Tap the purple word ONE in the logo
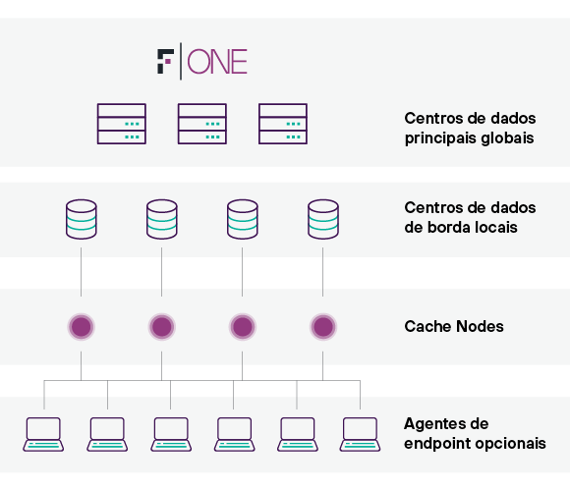pyautogui.click(x=217, y=62)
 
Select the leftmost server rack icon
pyautogui.click(x=122, y=124)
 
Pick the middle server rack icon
pyautogui.click(x=202, y=124)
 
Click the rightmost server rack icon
pyautogui.click(x=283, y=124)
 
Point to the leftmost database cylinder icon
pyautogui.click(x=82, y=219)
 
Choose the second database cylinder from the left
pyautogui.click(x=162, y=219)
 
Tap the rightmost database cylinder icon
pyautogui.click(x=323, y=219)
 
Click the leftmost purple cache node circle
pyautogui.click(x=82, y=326)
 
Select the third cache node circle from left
pyautogui.click(x=243, y=326)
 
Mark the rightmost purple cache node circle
pyautogui.click(x=323, y=326)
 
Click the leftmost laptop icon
pyautogui.click(x=43, y=434)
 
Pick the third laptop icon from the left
pyautogui.click(x=171, y=434)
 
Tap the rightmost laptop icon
pyautogui.click(x=361, y=434)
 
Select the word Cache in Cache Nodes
pyautogui.click(x=427, y=326)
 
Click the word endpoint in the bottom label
pyautogui.click(x=437, y=444)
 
